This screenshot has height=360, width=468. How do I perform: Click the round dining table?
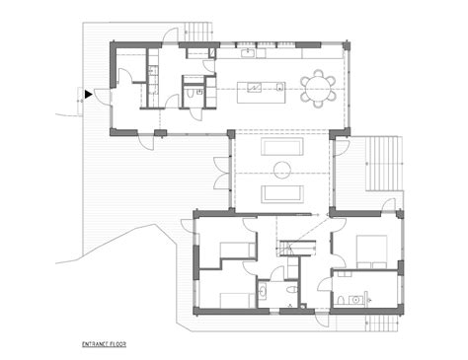pyautogui.click(x=319, y=89)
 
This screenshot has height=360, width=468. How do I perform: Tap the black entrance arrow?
pyautogui.click(x=89, y=95)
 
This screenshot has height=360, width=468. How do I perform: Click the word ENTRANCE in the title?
pyautogui.click(x=96, y=345)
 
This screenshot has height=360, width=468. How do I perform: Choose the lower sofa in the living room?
pyautogui.click(x=281, y=191)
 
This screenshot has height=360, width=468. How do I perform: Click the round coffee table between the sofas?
pyautogui.click(x=281, y=171)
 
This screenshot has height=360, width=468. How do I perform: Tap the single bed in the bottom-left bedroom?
pyautogui.click(x=233, y=299)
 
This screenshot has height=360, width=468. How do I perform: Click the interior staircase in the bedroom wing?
pyautogui.click(x=290, y=247)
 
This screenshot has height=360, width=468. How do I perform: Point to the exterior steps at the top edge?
pyautogui.click(x=198, y=31)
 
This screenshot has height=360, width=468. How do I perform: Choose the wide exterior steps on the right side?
pyautogui.click(x=384, y=163)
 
